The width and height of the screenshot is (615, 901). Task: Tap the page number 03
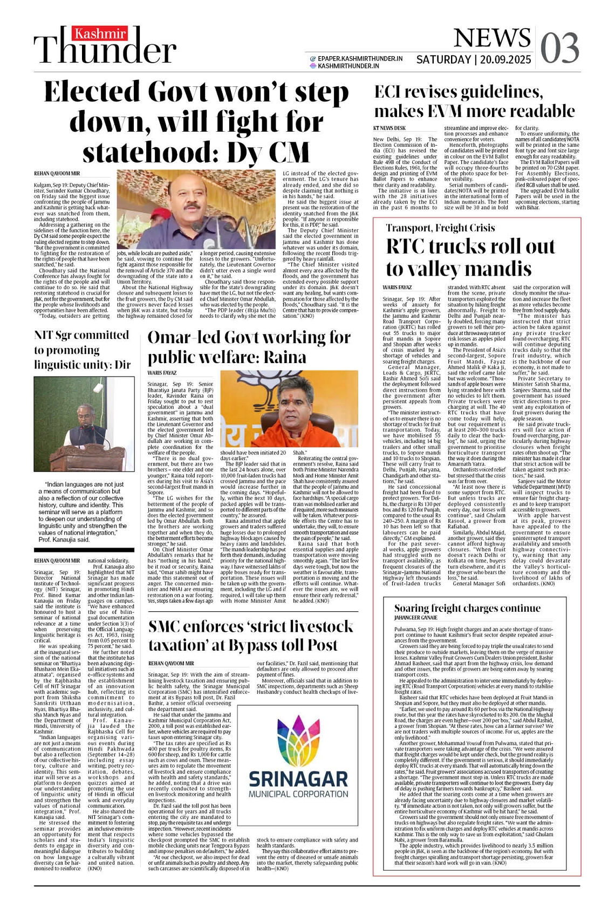tap(559, 48)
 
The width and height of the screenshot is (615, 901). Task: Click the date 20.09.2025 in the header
tap(504, 60)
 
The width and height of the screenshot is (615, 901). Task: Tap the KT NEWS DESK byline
tap(389, 128)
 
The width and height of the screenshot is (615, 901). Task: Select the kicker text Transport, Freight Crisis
tap(440, 228)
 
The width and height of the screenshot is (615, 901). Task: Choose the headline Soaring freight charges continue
tap(467, 608)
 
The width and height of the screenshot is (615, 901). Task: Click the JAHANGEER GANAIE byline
tap(416, 617)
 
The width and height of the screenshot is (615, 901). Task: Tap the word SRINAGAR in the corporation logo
tap(298, 779)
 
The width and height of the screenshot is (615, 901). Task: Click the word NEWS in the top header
tap(491, 38)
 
